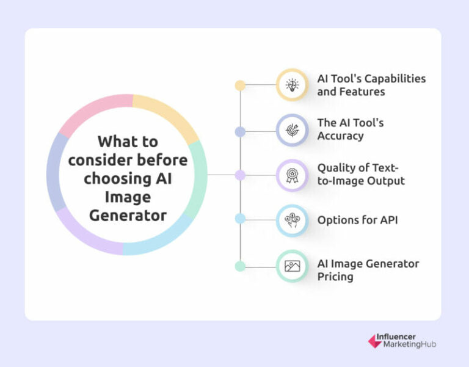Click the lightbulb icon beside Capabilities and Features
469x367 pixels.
pos(293,85)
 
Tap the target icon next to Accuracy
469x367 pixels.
pos(293,129)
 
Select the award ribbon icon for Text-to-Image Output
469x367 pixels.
pos(293,175)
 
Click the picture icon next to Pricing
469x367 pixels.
pos(293,266)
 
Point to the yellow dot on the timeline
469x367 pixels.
pos(240,85)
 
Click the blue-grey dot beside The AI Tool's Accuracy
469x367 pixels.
pos(240,131)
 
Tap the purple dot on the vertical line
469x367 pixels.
pos(240,175)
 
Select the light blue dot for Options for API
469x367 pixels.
pos(240,218)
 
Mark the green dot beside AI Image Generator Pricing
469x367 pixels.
pos(240,266)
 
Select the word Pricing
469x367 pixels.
pos(335,277)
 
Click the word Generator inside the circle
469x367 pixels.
pos(128,216)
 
